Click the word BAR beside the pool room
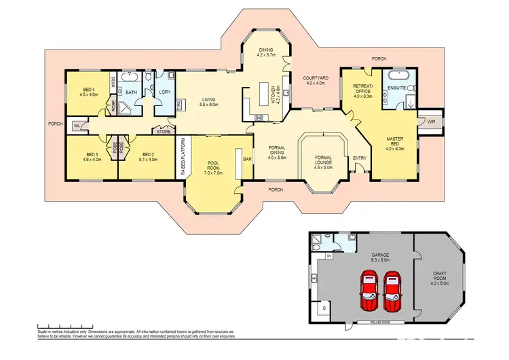click(x=247, y=159)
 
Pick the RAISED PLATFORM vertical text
click(x=183, y=158)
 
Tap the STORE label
click(x=164, y=130)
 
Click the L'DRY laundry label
click(x=164, y=92)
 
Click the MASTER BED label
click(x=395, y=143)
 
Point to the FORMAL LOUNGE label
click(x=324, y=160)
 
